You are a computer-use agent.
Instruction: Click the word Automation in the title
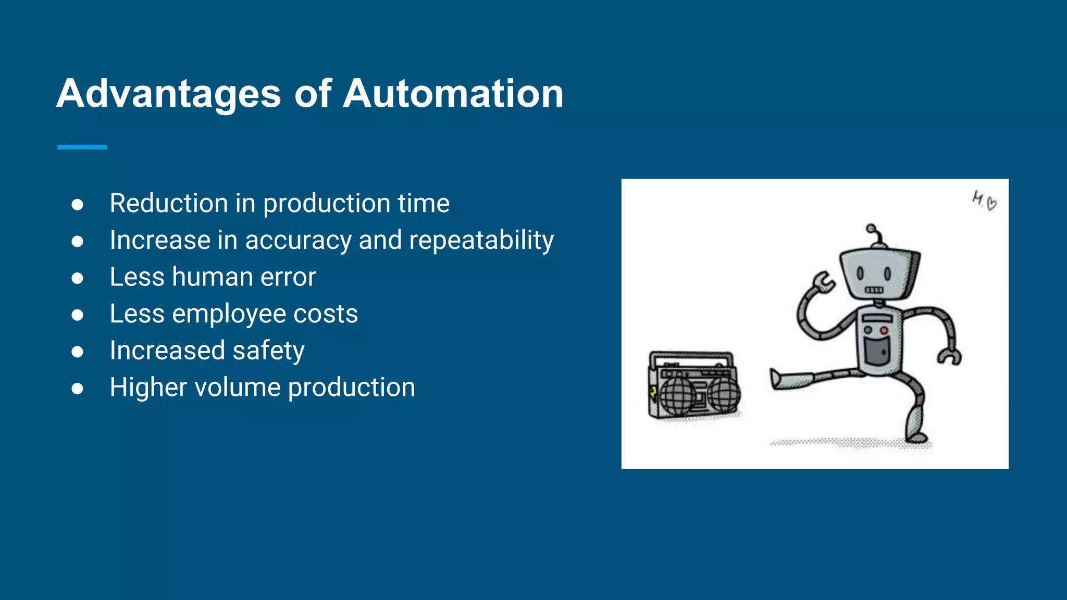[453, 94]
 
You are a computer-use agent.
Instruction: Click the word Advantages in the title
[168, 94]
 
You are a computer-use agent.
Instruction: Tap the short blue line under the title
[82, 147]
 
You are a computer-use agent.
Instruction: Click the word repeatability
[481, 240]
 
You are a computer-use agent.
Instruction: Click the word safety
[268, 351]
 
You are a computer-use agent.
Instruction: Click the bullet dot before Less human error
[78, 278]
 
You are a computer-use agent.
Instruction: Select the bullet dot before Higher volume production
[78, 389]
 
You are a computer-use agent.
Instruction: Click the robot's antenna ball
[871, 228]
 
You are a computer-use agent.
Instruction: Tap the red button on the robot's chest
[884, 331]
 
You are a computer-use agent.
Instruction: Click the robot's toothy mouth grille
[874, 290]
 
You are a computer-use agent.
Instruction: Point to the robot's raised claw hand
[823, 282]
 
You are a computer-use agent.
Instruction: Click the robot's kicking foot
[780, 379]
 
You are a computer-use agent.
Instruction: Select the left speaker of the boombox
[677, 397]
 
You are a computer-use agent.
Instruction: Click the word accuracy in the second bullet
[299, 240]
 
